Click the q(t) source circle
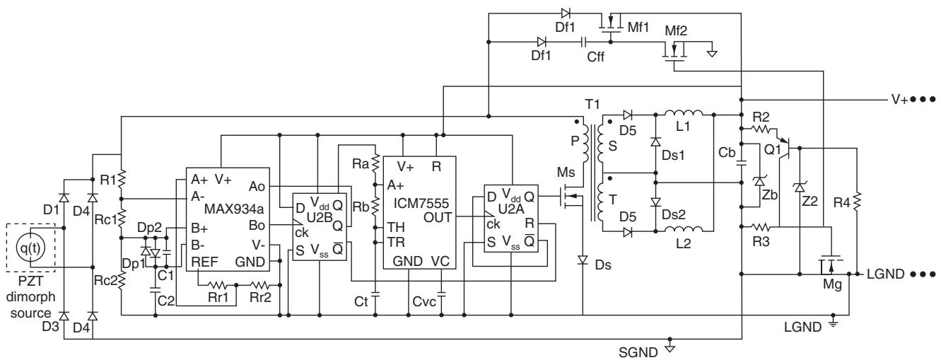(30, 248)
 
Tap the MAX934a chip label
(234, 209)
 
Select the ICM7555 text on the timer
(421, 203)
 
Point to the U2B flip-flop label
(320, 217)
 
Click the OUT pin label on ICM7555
(438, 218)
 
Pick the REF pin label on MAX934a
(204, 262)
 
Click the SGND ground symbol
(670, 348)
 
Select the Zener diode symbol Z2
(800, 187)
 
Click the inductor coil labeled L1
(684, 113)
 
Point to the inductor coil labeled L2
(684, 229)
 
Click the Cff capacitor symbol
(583, 42)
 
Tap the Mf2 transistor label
(676, 30)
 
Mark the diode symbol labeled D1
(64, 198)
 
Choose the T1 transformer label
(592, 104)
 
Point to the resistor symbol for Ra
(375, 163)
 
